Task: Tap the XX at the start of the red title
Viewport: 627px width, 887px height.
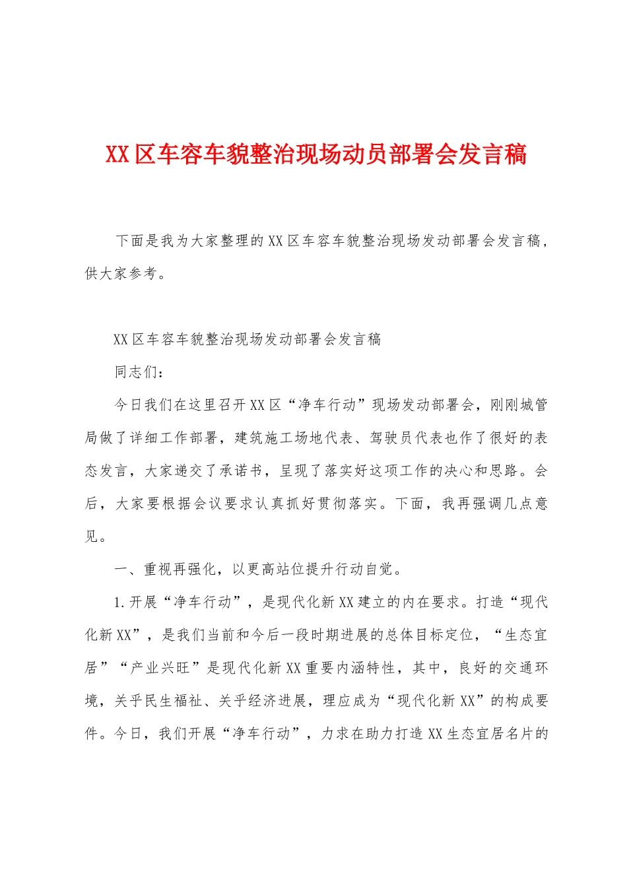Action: [117, 154]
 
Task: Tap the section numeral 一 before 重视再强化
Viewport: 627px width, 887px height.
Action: [121, 569]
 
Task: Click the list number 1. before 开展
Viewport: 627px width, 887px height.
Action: [119, 602]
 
